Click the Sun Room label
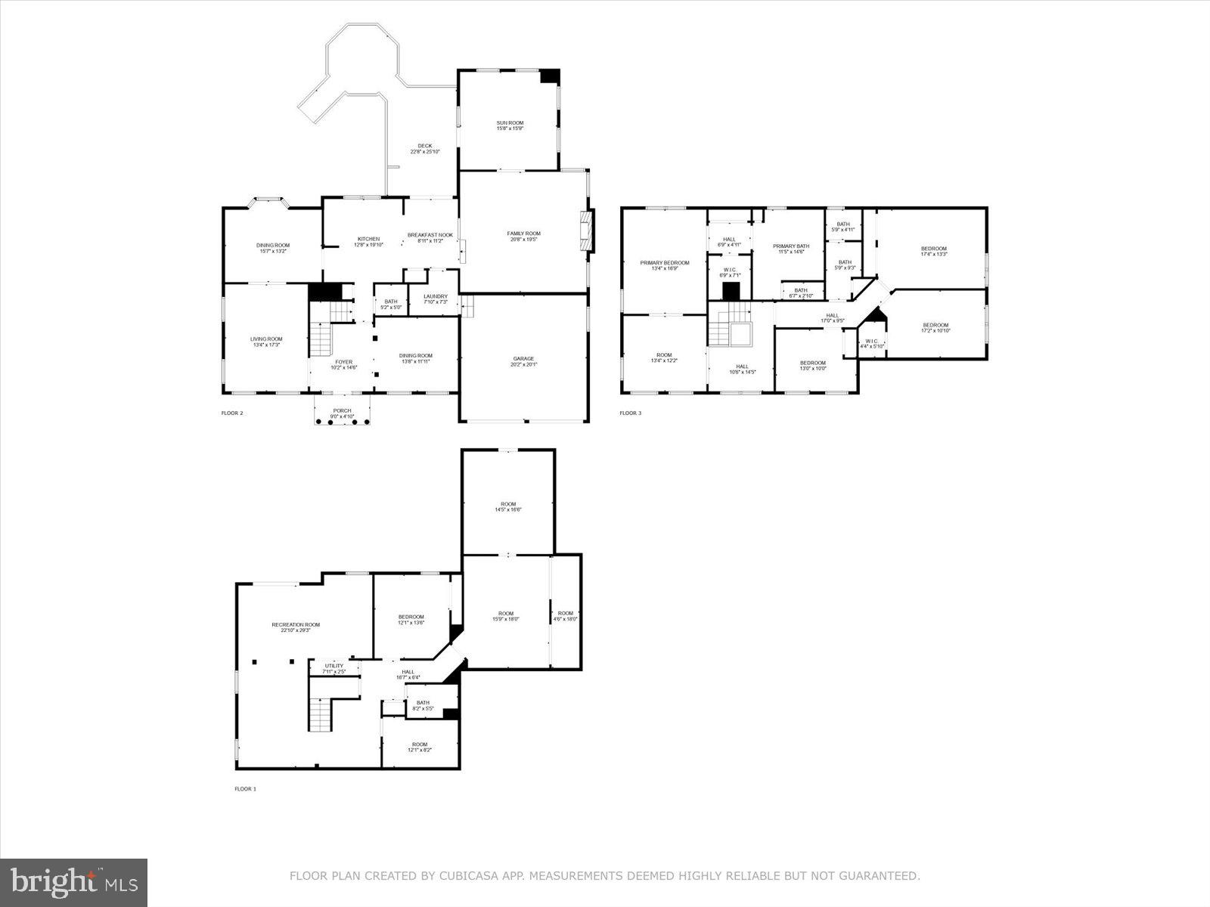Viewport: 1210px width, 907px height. coord(510,125)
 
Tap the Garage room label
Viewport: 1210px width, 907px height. coord(523,361)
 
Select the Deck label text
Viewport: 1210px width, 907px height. coord(424,149)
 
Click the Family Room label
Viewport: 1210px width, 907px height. coord(523,236)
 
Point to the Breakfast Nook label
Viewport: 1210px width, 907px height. coord(430,237)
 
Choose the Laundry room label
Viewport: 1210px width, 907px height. coord(436,299)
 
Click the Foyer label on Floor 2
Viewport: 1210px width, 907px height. coord(344,364)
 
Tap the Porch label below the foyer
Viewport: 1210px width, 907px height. coord(342,413)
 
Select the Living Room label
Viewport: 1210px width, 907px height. coord(266,342)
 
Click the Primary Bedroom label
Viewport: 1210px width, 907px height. coord(664,265)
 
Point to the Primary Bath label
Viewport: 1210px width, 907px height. coord(790,249)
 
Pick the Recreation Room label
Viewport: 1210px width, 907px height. coord(296,627)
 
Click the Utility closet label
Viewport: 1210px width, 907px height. coord(334,668)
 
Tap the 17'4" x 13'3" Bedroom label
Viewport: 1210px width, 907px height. coord(933,251)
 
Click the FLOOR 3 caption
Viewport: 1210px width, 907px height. coord(630,413)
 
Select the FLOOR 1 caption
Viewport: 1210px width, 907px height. coord(246,789)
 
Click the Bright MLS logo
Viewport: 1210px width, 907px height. coord(74,881)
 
